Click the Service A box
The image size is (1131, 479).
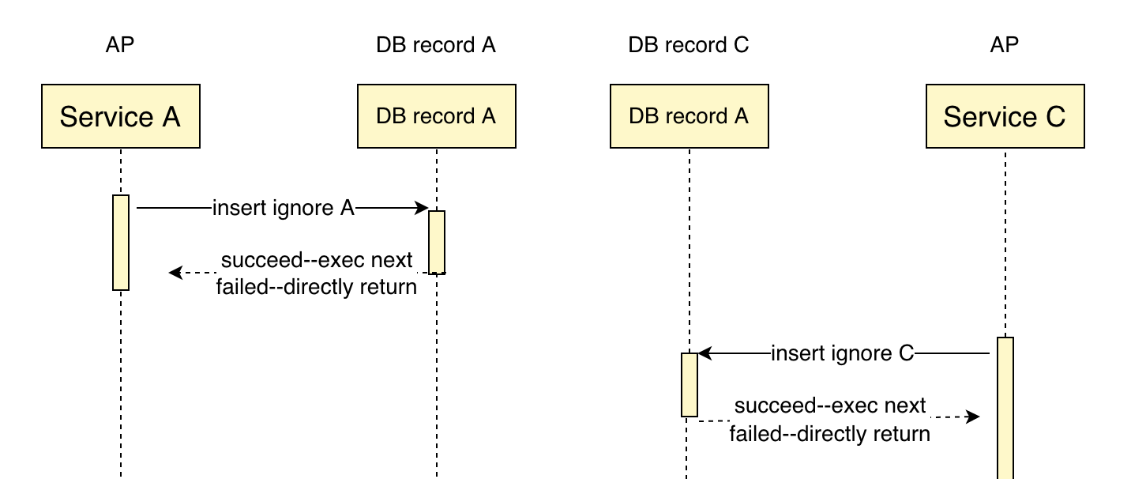(121, 116)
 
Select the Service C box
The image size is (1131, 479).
(1005, 116)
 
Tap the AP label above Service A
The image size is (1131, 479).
(120, 45)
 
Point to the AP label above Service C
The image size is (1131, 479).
(1005, 45)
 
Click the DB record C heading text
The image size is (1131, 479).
(688, 45)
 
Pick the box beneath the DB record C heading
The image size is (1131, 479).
(689, 116)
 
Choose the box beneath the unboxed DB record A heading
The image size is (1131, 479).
(437, 116)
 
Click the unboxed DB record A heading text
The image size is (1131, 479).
(436, 45)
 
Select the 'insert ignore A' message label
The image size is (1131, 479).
(284, 208)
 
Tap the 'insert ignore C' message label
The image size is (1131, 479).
(843, 353)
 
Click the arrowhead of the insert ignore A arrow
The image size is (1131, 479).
(422, 208)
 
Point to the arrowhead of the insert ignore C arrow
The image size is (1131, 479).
(705, 353)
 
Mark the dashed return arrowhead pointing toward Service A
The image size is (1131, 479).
(175, 273)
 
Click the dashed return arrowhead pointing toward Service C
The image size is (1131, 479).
(972, 417)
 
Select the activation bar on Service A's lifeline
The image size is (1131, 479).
(121, 243)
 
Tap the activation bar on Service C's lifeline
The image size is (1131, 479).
(1005, 409)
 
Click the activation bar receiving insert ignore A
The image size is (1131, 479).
(437, 243)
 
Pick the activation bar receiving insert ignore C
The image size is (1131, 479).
(689, 385)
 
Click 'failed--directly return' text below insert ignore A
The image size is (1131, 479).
(317, 287)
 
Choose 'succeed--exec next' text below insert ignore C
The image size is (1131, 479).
(830, 405)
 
